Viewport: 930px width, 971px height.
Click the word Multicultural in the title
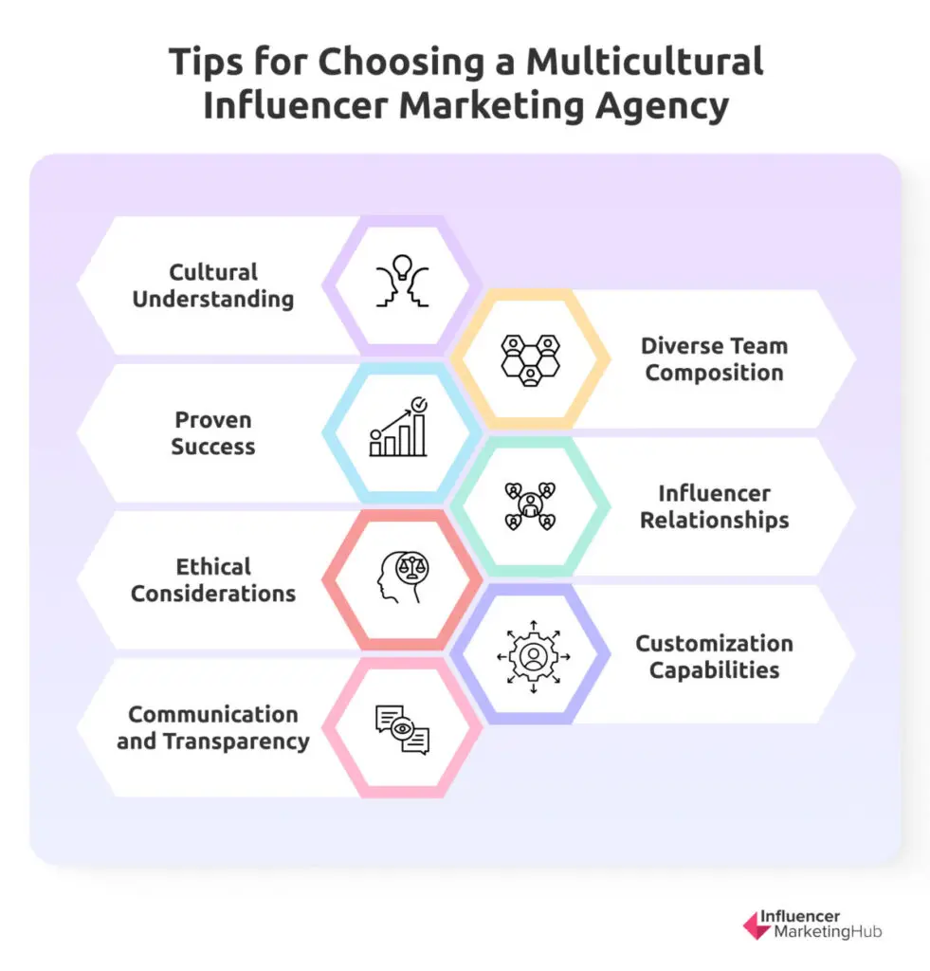(645, 62)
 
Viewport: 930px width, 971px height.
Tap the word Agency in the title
(662, 106)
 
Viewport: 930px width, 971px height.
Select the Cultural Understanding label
(213, 285)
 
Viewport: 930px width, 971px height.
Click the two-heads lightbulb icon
(403, 281)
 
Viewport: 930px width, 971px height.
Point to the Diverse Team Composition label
(714, 359)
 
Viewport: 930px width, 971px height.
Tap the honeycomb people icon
(531, 359)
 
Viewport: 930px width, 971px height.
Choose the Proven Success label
(213, 432)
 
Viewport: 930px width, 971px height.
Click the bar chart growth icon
(399, 428)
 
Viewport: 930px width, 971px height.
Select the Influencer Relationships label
(714, 506)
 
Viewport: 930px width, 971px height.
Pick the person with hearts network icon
(531, 506)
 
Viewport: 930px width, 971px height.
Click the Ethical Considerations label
(213, 580)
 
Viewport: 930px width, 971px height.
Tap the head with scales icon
(403, 577)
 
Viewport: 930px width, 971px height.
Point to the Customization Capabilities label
(714, 656)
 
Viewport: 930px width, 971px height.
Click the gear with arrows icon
(533, 656)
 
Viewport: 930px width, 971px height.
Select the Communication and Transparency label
(213, 727)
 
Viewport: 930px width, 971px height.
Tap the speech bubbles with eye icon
(403, 729)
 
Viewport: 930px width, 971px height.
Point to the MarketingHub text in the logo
(828, 931)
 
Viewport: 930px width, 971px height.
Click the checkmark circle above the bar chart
(419, 404)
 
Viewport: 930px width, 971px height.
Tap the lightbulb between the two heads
(403, 266)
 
